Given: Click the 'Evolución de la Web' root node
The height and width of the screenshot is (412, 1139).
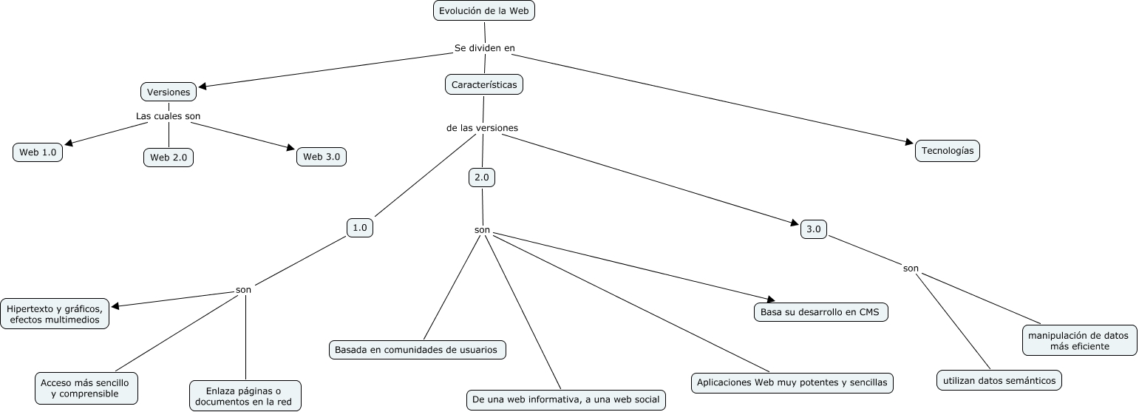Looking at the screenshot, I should click(x=483, y=10).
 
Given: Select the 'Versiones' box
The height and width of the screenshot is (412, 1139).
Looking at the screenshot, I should click(x=169, y=92).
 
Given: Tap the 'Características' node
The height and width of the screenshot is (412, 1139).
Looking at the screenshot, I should click(x=484, y=84).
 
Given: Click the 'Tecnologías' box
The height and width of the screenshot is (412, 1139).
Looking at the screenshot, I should click(x=948, y=151).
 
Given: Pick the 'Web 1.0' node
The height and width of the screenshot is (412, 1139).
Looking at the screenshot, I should click(x=38, y=152).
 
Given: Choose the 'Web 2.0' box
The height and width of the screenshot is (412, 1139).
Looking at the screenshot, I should click(x=169, y=158).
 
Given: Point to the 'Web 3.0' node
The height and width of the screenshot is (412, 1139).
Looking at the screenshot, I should click(x=322, y=157).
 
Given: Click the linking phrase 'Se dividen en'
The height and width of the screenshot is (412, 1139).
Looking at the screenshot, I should click(x=484, y=48).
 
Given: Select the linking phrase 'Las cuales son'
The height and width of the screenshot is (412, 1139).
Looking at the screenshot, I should click(x=168, y=116).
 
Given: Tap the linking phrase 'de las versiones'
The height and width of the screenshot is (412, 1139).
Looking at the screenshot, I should click(x=482, y=128).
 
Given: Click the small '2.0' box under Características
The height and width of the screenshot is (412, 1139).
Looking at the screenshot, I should click(x=482, y=178).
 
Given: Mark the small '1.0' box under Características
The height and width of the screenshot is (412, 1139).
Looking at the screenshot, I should click(x=360, y=228).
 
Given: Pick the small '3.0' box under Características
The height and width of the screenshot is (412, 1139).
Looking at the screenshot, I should click(x=814, y=229).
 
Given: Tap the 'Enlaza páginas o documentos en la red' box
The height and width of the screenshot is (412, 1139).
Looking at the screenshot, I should click(x=245, y=396).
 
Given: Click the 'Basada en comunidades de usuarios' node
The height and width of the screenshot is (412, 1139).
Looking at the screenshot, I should click(x=416, y=350).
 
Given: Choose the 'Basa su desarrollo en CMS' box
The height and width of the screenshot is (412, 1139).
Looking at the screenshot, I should click(x=820, y=312).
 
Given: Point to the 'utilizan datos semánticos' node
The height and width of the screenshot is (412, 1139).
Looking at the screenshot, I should click(x=999, y=381).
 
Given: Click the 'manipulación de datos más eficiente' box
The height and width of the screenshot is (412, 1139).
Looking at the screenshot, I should click(x=1079, y=340).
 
